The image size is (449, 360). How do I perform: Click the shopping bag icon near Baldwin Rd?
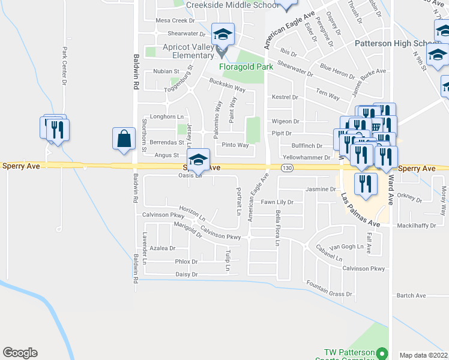tap(123, 139)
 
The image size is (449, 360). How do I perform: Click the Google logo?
tap(20, 353)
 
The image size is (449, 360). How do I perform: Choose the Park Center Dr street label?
tap(64, 66)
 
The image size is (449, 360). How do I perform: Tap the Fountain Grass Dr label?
tap(329, 294)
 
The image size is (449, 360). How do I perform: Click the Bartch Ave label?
tap(411, 295)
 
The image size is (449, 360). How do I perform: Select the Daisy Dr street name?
tap(186, 274)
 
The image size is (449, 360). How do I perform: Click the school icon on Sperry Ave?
tap(198, 160)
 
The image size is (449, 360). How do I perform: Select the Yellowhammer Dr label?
tap(306, 157)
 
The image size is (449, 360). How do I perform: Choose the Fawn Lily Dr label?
tap(277, 202)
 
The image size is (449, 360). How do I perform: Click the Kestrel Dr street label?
tap(285, 97)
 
